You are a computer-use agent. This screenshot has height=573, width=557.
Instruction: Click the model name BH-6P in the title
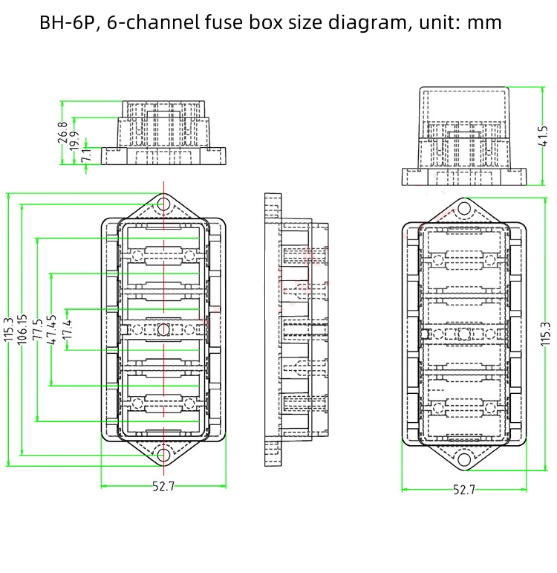click(70, 22)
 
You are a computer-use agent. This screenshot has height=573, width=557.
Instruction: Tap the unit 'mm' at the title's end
click(485, 22)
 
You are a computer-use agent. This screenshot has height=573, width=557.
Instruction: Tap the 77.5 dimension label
click(37, 328)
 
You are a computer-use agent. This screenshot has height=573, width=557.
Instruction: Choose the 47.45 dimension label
click(52, 328)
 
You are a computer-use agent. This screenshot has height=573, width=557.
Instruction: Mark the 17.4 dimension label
click(67, 328)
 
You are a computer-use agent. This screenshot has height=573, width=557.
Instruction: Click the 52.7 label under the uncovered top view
click(163, 487)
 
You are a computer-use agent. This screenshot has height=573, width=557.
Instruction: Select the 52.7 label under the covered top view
click(463, 490)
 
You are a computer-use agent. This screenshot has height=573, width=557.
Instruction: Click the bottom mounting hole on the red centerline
click(163, 453)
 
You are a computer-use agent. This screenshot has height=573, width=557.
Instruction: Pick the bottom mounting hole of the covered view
click(464, 458)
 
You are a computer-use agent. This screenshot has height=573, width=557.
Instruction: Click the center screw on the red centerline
click(163, 328)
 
